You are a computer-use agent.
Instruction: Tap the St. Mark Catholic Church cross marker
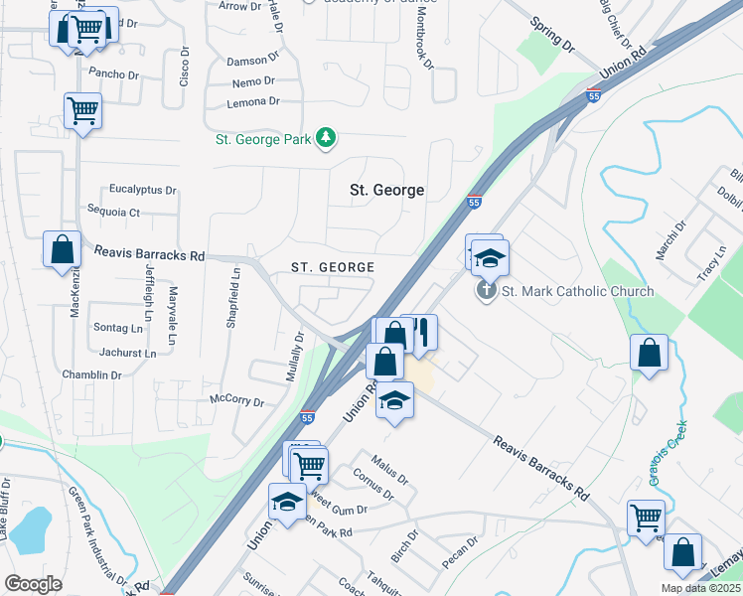[x=486, y=291]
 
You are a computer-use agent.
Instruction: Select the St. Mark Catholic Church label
[x=577, y=291]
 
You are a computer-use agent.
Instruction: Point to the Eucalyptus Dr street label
[x=143, y=190]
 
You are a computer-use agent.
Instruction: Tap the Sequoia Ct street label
[x=114, y=212]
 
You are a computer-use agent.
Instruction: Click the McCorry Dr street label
[x=236, y=402]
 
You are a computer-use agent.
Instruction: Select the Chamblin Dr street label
[x=88, y=375]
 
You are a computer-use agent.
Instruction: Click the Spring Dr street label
[x=553, y=35]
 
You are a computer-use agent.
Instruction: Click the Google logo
[x=33, y=584]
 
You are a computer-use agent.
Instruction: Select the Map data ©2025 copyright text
[x=700, y=588]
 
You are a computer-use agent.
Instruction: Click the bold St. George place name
[x=387, y=190]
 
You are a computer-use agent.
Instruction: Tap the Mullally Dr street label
[x=296, y=352]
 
